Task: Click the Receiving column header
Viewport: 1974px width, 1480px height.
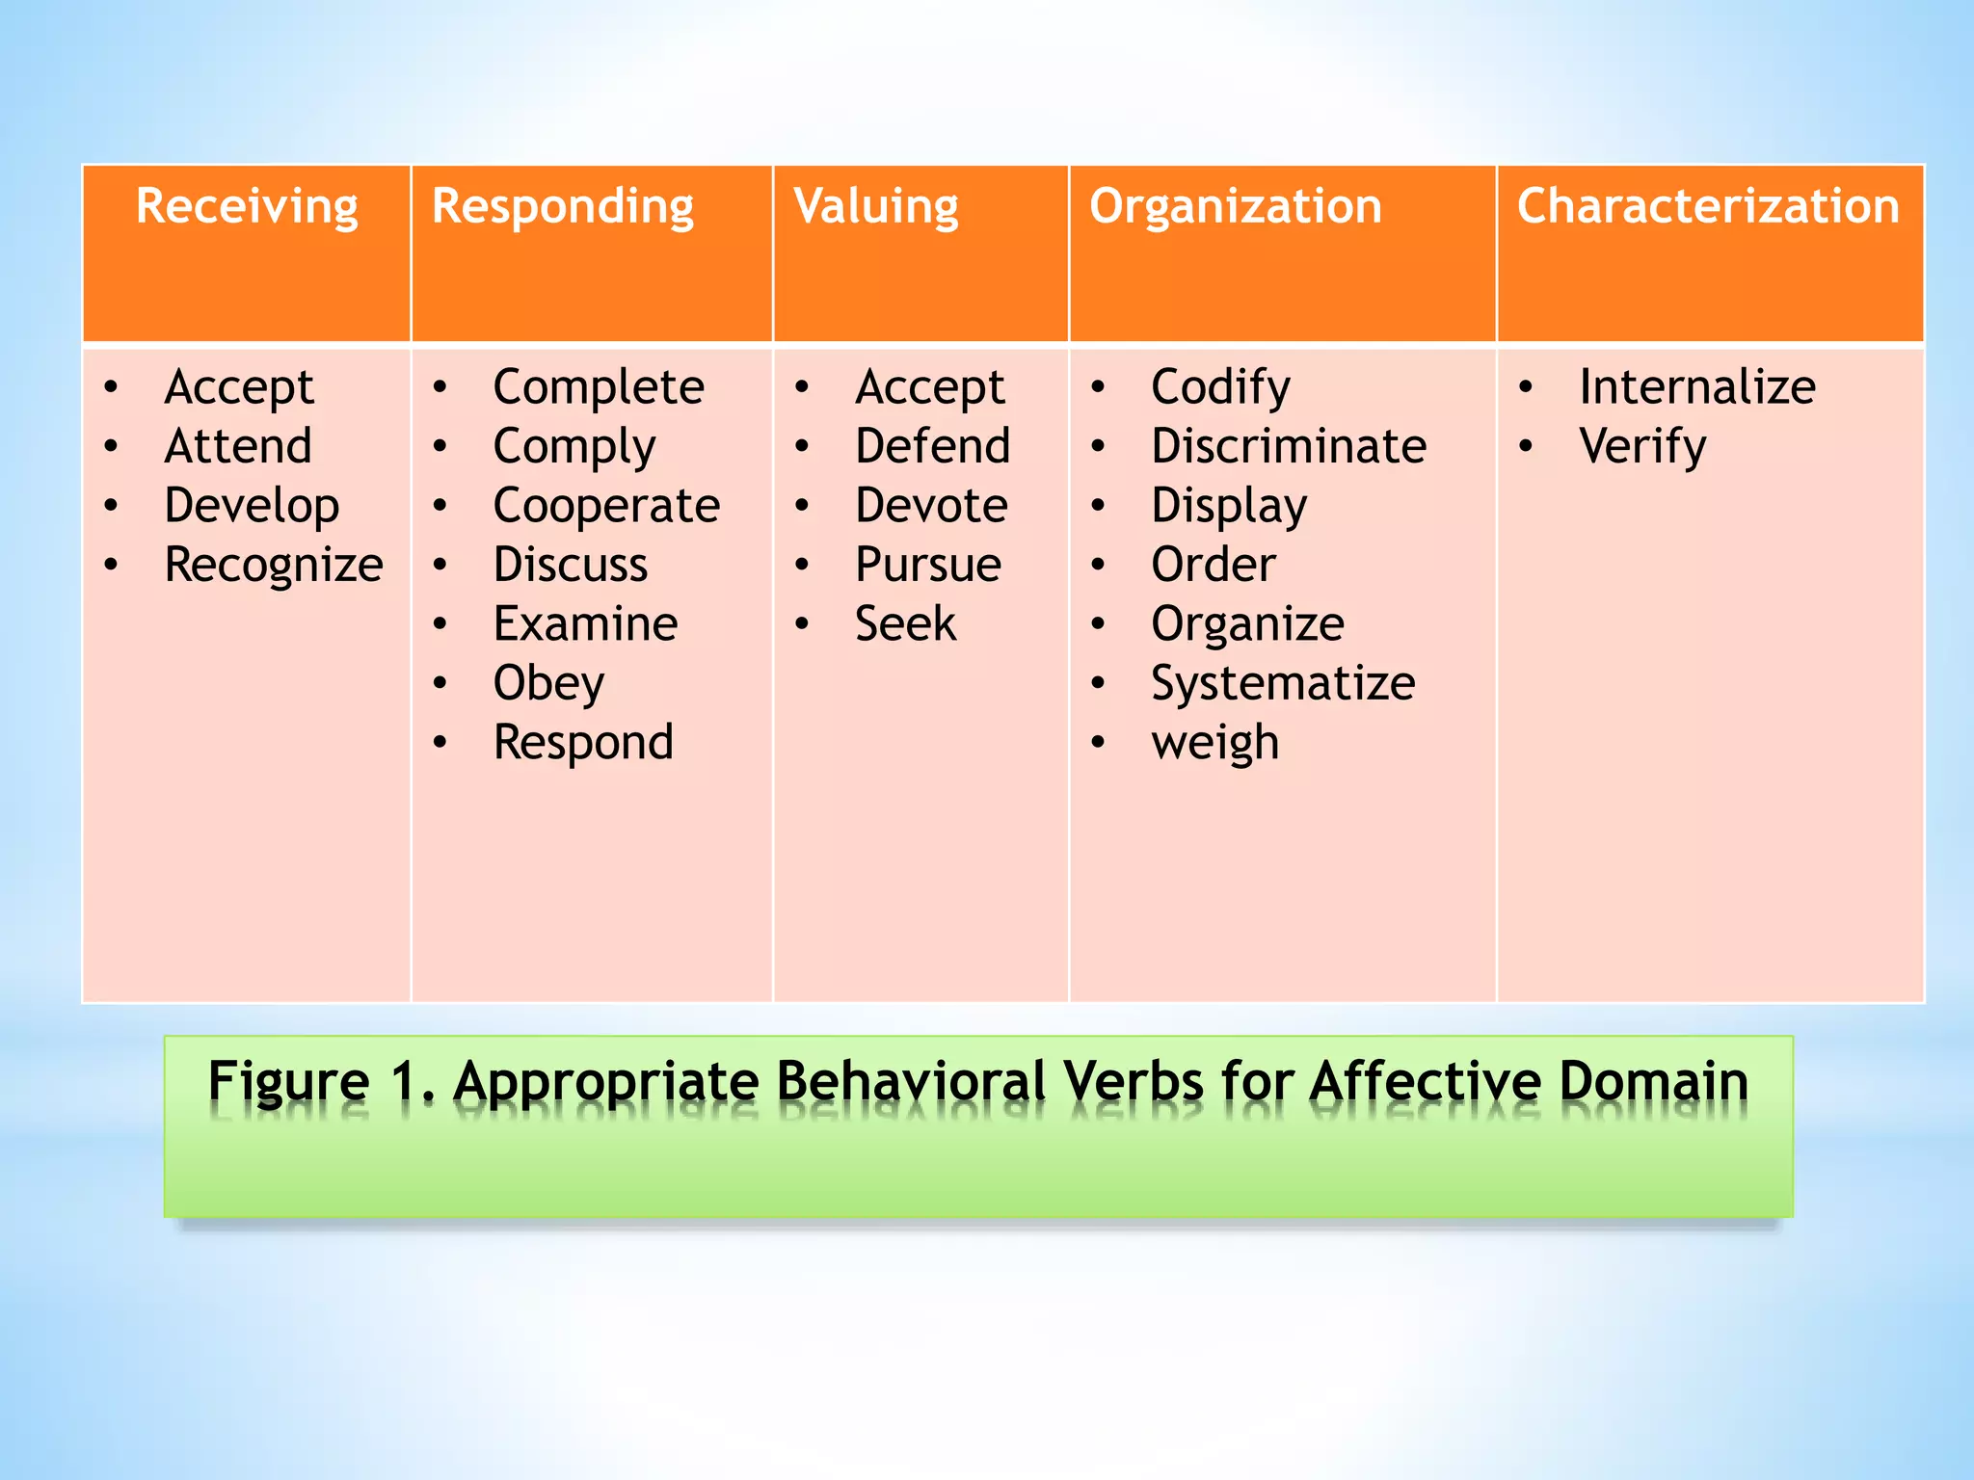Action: tap(247, 207)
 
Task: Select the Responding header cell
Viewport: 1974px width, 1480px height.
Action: tap(563, 207)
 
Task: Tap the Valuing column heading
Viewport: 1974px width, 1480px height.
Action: tap(876, 207)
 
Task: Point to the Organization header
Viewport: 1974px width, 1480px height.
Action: tap(1236, 207)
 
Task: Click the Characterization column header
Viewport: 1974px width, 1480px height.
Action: tap(1708, 207)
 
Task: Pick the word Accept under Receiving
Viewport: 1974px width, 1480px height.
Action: tap(239, 387)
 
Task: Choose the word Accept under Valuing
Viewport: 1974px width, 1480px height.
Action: tap(930, 387)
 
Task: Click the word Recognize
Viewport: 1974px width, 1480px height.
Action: tap(274, 566)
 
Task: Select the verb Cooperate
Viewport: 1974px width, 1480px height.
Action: tap(606, 506)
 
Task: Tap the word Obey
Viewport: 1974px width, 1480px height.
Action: tap(548, 683)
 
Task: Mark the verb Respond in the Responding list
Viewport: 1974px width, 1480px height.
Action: tap(583, 743)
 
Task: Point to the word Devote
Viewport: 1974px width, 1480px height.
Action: tap(931, 506)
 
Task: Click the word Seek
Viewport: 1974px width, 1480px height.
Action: tap(905, 624)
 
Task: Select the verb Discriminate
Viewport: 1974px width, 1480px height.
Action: tap(1289, 446)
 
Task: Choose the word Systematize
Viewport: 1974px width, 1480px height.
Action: tap(1283, 683)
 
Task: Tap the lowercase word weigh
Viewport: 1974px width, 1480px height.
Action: tap(1214, 743)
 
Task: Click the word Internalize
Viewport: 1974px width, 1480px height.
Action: tap(1697, 387)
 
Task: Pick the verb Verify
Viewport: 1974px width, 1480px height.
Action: tap(1642, 446)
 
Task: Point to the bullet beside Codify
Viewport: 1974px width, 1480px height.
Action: tap(1098, 387)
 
